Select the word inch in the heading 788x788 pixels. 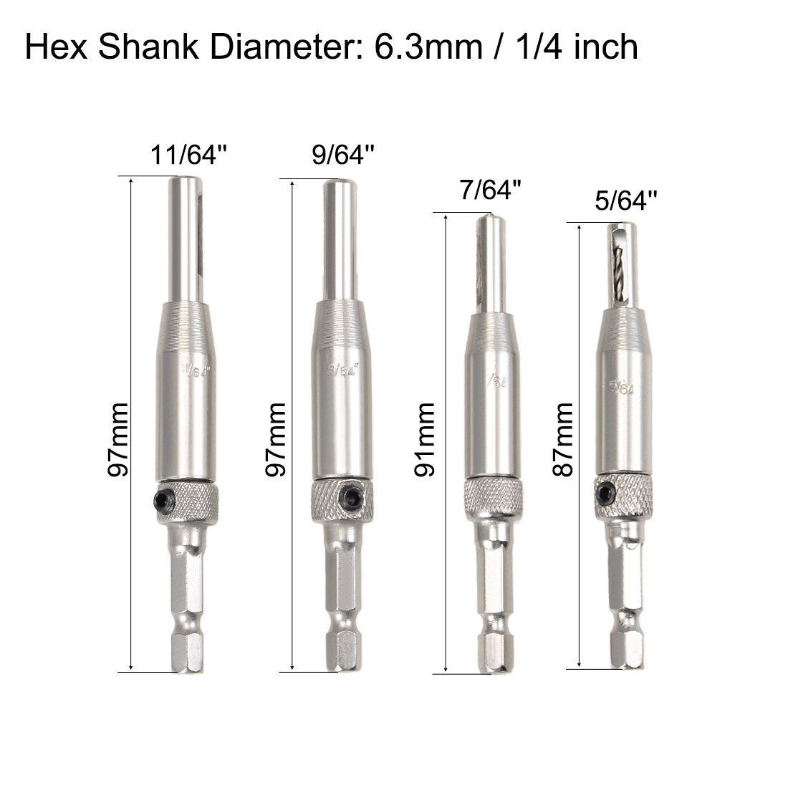point(601,47)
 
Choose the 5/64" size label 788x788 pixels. point(625,202)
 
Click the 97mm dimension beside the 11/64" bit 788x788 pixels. point(117,439)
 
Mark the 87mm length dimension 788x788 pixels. point(564,439)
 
